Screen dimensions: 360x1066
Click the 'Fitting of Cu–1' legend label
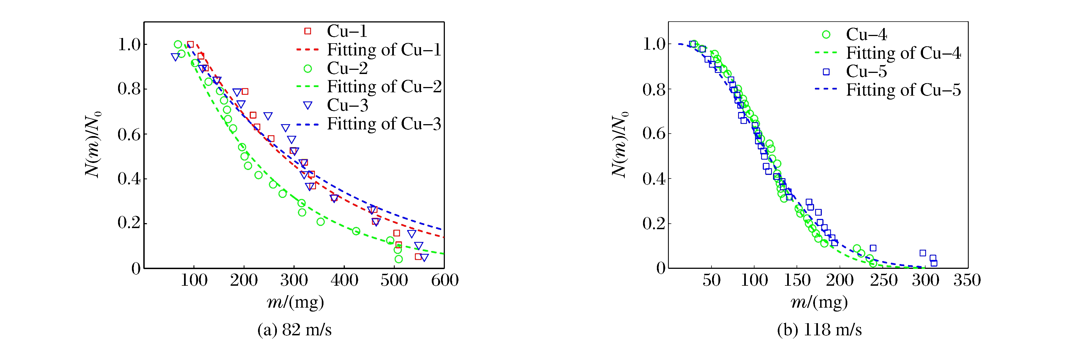coord(384,50)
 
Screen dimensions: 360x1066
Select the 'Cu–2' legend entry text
coord(347,68)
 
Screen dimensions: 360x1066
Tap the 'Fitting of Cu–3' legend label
coord(384,124)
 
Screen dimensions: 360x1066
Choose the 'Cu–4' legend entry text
coord(866,34)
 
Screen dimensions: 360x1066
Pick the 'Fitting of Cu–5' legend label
coord(903,90)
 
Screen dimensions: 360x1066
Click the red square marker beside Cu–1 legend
coord(307,31)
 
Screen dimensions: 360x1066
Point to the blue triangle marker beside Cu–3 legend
coord(307,106)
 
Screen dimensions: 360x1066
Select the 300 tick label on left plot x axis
coord(294,280)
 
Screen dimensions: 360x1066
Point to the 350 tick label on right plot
coord(967,280)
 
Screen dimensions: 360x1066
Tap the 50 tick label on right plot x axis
coord(711,280)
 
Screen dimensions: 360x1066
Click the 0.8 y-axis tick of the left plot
coord(129,89)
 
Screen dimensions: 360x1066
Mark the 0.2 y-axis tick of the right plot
coord(654,223)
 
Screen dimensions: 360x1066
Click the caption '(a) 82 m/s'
coord(294,330)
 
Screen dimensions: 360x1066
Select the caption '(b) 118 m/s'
coord(819,330)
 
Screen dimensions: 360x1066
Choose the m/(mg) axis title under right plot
coord(819,302)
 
